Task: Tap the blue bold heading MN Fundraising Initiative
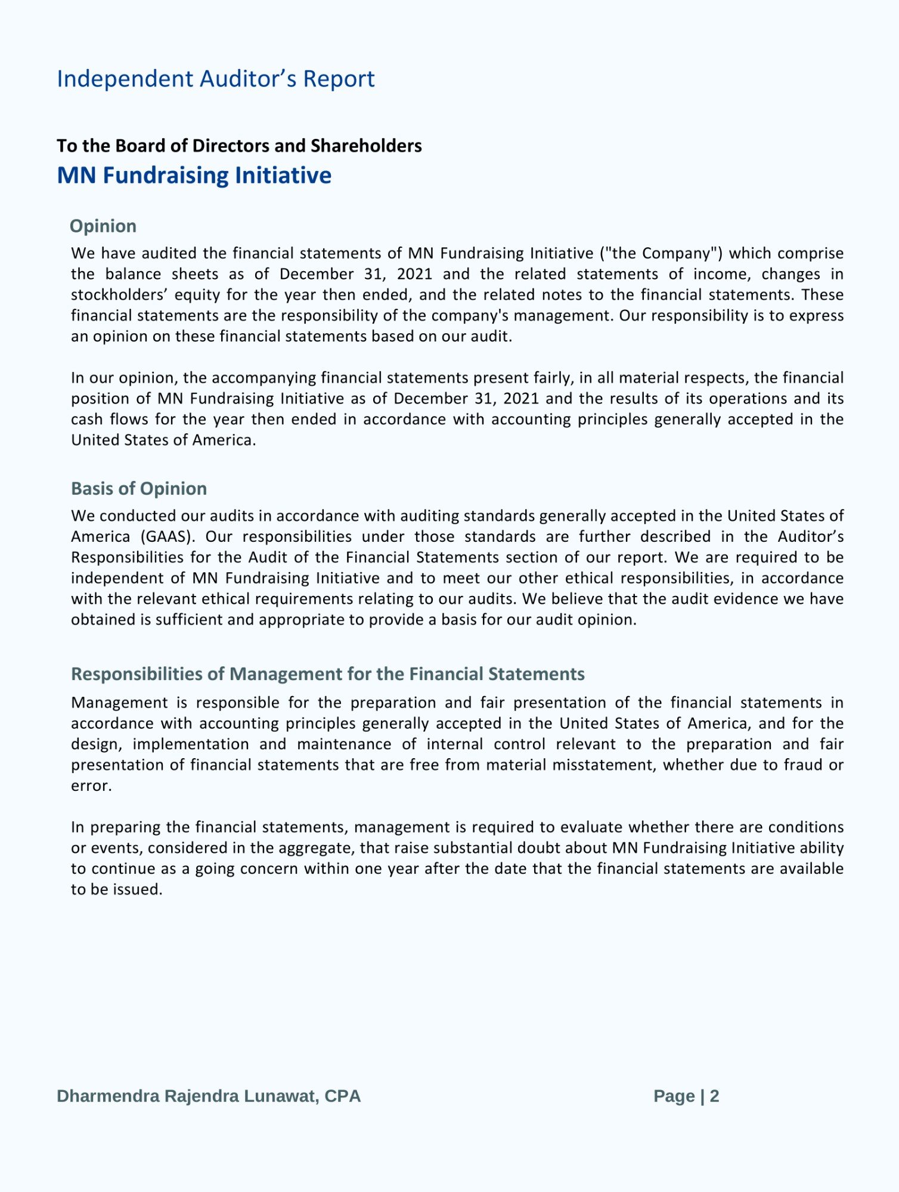click(194, 175)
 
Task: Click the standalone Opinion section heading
click(103, 226)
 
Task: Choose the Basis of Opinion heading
click(139, 489)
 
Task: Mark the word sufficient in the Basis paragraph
click(189, 620)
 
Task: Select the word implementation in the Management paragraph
click(191, 744)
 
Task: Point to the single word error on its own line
click(91, 786)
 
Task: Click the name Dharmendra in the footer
click(108, 1096)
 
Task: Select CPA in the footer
click(342, 1096)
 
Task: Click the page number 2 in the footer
click(714, 1096)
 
